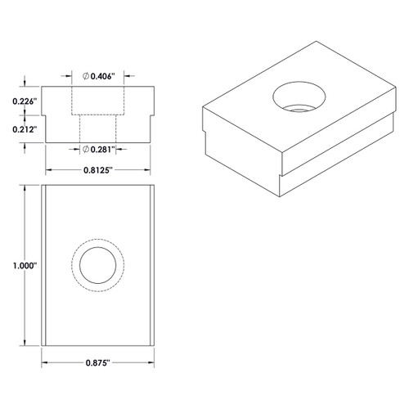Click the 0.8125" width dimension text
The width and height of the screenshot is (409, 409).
[x=98, y=170]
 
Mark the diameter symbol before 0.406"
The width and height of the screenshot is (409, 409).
[x=86, y=75]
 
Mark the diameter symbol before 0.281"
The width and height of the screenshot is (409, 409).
[x=86, y=148]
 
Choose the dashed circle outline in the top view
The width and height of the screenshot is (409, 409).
[x=98, y=243]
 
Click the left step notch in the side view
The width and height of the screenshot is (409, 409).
[x=48, y=115]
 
